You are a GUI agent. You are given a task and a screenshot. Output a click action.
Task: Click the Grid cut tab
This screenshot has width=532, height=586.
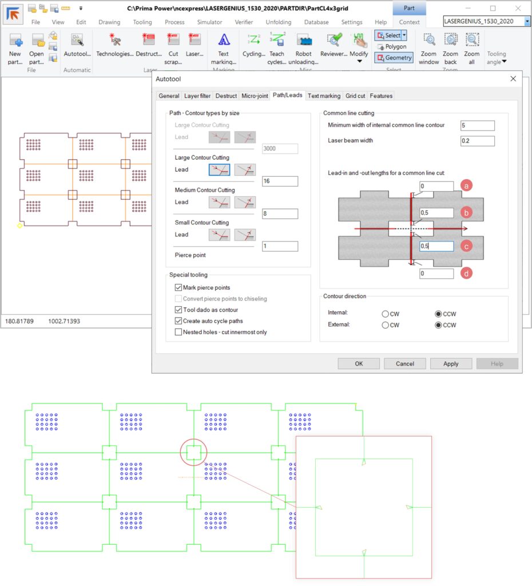click(x=355, y=96)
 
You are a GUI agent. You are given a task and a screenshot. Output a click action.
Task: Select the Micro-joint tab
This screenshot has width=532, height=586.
click(x=255, y=96)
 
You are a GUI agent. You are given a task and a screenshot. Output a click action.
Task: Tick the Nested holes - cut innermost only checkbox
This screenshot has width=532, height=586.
click(x=178, y=332)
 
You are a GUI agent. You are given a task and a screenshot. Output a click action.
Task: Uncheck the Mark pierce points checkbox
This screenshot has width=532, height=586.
click(x=178, y=287)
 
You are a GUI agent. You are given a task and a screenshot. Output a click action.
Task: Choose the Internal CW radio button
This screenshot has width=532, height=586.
click(x=385, y=314)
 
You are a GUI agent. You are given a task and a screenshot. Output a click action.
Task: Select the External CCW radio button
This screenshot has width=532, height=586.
click(x=438, y=325)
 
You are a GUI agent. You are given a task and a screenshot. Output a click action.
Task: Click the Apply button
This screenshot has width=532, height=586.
click(x=451, y=363)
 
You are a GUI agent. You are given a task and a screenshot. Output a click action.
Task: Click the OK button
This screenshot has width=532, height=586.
click(x=359, y=363)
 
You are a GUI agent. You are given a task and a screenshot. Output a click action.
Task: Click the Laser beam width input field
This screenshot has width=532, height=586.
click(x=478, y=141)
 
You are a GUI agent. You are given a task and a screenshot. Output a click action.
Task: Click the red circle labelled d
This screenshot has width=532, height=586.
click(x=466, y=273)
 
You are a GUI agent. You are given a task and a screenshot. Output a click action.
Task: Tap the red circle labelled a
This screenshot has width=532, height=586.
click(x=466, y=185)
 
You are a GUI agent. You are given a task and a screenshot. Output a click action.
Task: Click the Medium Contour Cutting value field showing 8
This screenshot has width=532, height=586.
click(x=280, y=214)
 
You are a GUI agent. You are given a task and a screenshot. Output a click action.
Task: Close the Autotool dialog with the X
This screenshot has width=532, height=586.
click(x=513, y=79)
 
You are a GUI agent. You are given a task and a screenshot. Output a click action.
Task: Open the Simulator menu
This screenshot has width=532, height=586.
click(x=209, y=22)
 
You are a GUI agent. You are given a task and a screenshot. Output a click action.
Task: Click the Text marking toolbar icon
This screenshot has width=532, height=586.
click(x=224, y=49)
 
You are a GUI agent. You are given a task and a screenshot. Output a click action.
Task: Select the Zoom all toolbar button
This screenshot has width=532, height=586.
click(x=472, y=49)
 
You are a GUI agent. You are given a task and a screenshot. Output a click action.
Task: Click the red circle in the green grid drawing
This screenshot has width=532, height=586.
click(x=180, y=452)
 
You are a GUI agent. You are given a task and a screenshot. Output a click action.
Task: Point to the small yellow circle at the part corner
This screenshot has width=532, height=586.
click(x=20, y=225)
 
